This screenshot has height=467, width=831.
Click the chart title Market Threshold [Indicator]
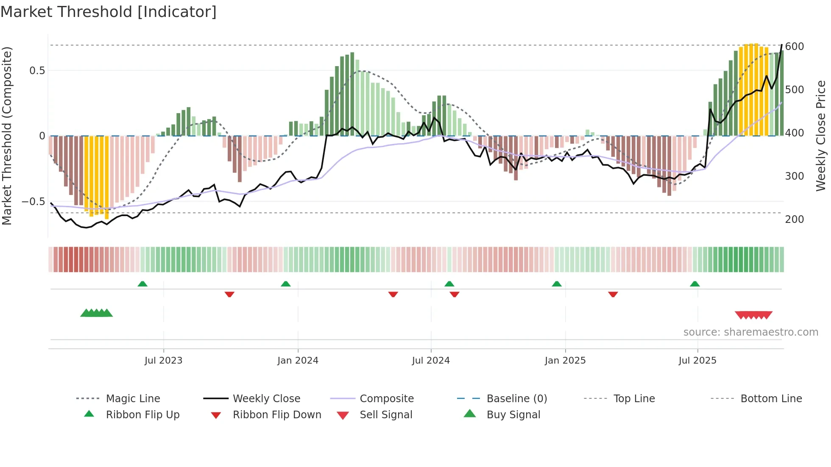[109, 12]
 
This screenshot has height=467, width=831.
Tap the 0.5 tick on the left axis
[37, 71]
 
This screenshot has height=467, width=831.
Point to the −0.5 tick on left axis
[33, 202]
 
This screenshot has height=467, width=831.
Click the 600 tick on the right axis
[794, 47]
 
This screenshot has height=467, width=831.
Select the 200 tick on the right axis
[794, 220]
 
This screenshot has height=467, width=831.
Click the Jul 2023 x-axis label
[163, 361]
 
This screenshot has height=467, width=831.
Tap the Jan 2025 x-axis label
[565, 361]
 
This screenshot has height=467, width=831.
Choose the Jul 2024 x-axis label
[430, 361]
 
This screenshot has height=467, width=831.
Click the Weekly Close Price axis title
[821, 136]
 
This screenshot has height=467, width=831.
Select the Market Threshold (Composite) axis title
[7, 136]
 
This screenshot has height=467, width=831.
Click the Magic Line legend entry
[133, 399]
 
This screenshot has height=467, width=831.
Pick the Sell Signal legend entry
[386, 415]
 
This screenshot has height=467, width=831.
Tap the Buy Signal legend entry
[513, 415]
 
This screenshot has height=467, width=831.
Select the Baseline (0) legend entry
[516, 399]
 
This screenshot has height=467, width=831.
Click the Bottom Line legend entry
[771, 399]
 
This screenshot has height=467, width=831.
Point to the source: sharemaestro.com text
[750, 332]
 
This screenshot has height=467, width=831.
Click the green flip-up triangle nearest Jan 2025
[557, 284]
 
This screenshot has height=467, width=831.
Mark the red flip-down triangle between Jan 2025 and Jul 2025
[613, 294]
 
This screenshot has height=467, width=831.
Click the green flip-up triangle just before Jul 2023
[142, 284]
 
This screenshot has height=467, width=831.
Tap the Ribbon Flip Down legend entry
[276, 415]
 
